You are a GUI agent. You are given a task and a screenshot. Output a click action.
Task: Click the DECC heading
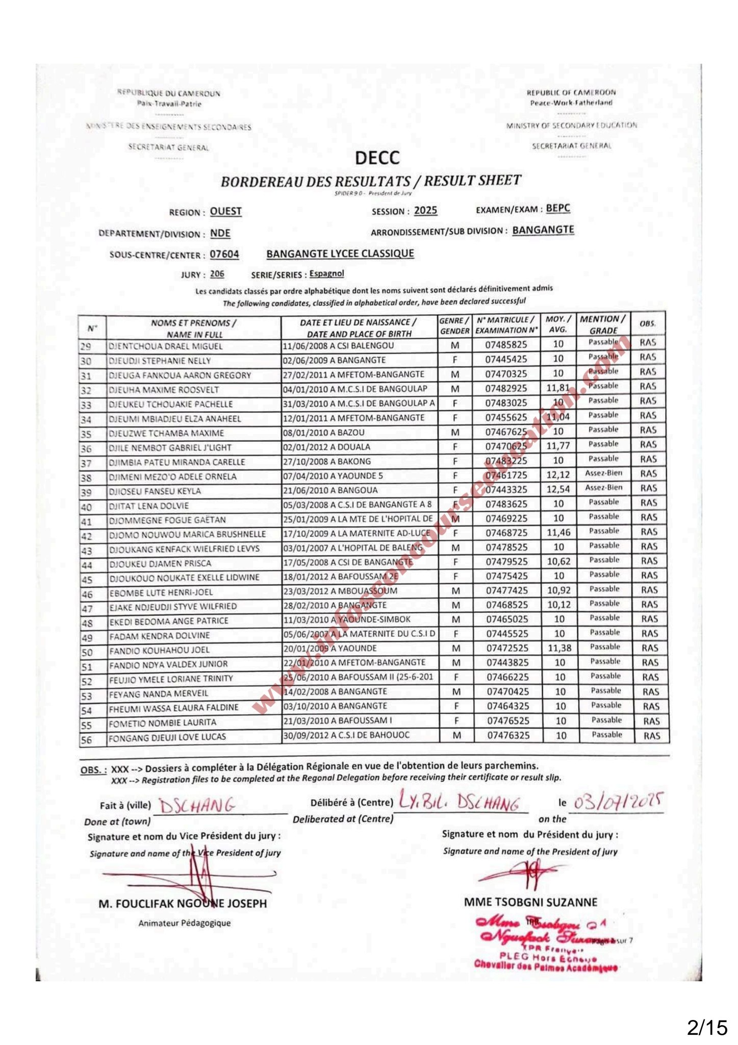pos(377,158)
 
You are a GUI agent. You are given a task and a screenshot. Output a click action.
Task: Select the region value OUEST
pos(225,211)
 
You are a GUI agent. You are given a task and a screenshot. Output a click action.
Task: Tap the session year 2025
pos(425,211)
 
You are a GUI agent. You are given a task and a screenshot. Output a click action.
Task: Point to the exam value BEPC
pos(558,208)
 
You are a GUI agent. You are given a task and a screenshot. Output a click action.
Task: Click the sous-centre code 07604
pos(224,254)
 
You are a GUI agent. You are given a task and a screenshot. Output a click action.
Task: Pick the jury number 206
pos(217,274)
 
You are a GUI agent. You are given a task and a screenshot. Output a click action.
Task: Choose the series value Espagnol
pos(326,273)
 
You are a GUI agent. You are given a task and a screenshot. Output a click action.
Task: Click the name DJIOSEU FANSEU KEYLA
pos(155,491)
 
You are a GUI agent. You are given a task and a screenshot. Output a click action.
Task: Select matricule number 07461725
pos(506,475)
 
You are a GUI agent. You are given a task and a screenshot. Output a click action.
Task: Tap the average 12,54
pos(558,489)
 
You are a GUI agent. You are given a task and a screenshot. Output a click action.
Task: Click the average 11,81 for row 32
pos(557,388)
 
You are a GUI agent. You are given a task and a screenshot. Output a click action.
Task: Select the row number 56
pos(87,740)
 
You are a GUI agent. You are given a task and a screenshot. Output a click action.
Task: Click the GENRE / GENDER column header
pos(454,326)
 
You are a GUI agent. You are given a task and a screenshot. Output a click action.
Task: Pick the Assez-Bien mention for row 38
pos(604,473)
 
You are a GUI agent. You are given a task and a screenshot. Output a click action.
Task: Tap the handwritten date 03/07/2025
pos(617,802)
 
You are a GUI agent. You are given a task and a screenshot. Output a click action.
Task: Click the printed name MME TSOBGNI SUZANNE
pos(530,902)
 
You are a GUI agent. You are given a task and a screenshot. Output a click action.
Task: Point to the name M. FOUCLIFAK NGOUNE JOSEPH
pos(183,904)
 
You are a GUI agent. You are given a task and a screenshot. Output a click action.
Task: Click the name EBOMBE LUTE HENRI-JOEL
pos(161,592)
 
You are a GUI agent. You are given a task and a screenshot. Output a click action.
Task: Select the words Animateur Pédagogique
pos(185,923)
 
